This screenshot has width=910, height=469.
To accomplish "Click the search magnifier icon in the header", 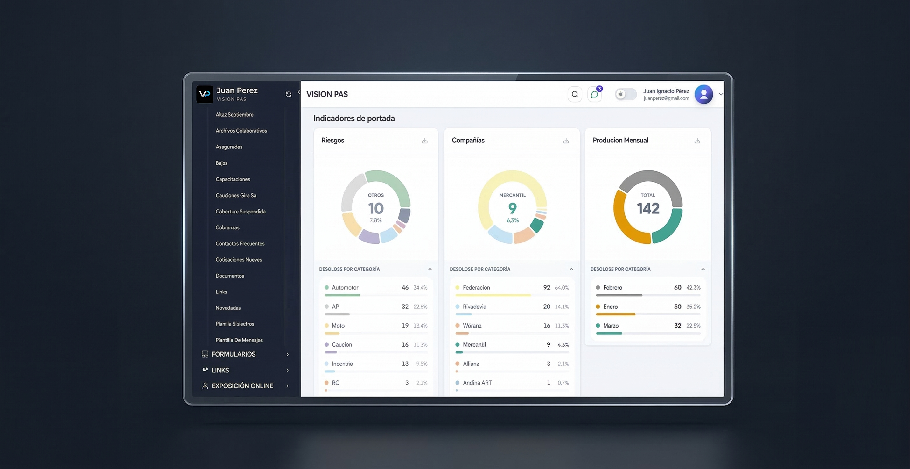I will click(575, 94).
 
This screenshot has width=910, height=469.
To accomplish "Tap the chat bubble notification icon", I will click(595, 94).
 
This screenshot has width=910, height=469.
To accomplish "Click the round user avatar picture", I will click(703, 94).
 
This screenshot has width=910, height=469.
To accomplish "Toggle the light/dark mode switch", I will click(626, 94).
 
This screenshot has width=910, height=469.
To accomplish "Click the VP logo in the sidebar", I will click(205, 94).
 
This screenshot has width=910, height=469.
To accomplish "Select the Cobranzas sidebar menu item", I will click(227, 227).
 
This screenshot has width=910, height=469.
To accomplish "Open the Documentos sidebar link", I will click(230, 276).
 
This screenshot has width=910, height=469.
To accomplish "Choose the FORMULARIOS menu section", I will click(234, 354).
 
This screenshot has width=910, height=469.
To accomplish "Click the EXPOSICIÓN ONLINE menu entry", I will click(242, 386).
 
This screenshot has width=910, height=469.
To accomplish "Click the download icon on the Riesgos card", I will click(425, 141).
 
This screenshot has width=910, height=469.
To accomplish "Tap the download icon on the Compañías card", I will click(566, 141).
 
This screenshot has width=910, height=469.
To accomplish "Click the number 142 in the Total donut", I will click(648, 208).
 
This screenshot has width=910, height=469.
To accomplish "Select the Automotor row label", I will click(345, 288).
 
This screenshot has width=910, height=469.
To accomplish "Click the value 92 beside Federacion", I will click(547, 288).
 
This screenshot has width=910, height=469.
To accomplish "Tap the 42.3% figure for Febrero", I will click(693, 288).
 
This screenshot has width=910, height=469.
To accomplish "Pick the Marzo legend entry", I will click(611, 326).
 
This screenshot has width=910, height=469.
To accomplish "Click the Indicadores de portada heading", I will click(354, 119).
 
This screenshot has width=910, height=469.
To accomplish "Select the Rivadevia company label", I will click(474, 307).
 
